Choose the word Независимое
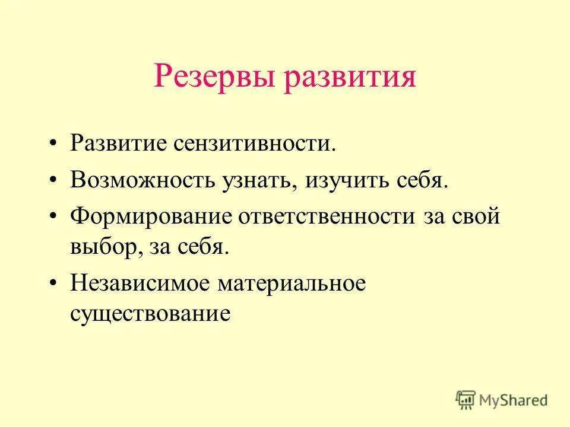click(140, 283)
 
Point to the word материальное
click(291, 283)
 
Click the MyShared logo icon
click(466, 399)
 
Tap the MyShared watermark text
click(514, 400)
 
